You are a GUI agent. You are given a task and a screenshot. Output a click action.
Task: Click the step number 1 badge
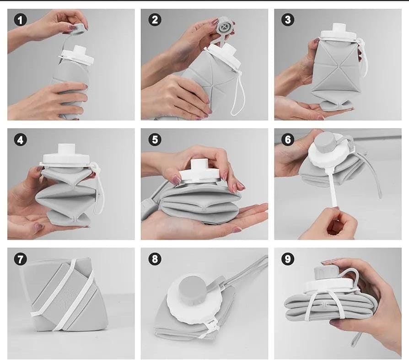(20, 20)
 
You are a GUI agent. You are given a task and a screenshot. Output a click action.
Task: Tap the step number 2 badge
(155, 20)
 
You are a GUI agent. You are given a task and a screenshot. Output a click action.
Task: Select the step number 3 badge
(288, 20)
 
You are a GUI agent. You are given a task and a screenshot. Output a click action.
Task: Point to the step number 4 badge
(20, 140)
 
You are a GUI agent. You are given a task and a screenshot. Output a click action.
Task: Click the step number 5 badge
(155, 140)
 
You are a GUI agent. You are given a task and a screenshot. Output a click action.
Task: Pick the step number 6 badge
(288, 140)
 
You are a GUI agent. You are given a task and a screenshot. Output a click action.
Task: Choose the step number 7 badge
(20, 259)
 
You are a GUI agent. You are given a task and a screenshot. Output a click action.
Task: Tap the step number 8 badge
(155, 259)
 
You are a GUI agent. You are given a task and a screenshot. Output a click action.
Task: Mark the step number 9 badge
(288, 259)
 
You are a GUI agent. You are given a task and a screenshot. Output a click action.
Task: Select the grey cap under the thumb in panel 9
(326, 273)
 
